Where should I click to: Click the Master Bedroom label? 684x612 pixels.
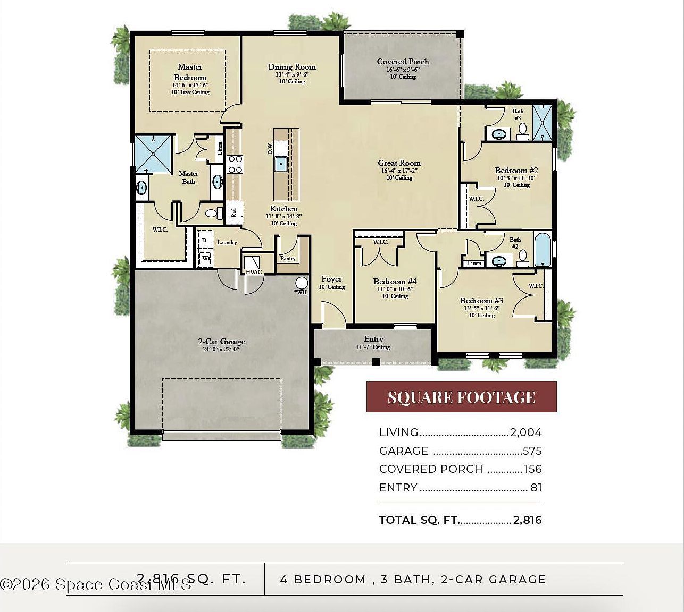(190, 72)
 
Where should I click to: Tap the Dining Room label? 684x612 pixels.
(291, 67)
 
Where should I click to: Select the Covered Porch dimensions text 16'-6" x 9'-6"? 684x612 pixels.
(403, 70)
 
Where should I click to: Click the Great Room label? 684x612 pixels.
(399, 163)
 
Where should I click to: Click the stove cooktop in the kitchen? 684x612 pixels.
(235, 164)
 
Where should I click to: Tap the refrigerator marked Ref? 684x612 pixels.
(234, 212)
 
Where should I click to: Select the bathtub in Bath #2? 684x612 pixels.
(543, 250)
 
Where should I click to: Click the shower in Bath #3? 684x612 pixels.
(543, 123)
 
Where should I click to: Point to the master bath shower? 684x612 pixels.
(153, 154)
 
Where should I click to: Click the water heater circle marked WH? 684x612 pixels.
(302, 283)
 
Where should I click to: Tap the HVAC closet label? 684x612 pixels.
(253, 273)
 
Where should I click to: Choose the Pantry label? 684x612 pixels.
(288, 259)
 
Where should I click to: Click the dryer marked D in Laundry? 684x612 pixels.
(204, 241)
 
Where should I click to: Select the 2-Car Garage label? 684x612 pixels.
(221, 342)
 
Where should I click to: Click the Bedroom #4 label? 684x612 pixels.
(395, 282)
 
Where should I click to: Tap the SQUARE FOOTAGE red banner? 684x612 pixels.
(461, 397)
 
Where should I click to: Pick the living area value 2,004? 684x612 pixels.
(525, 432)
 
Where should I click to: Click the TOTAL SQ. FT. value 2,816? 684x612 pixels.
(527, 520)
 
